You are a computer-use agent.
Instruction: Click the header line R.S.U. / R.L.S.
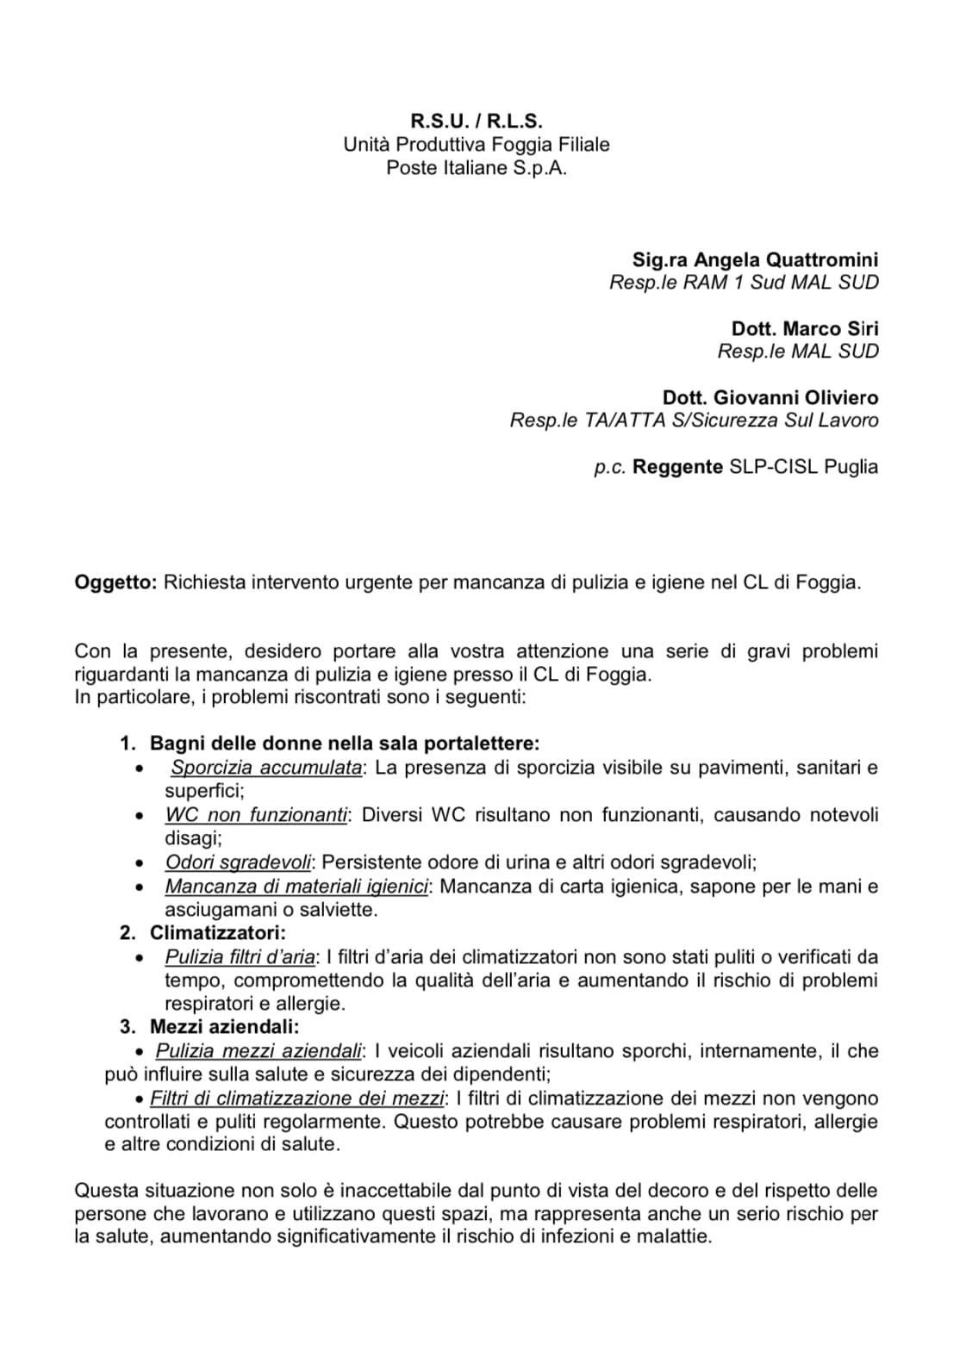476,121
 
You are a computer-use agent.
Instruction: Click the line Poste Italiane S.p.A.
476,168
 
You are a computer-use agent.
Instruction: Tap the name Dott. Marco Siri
805,328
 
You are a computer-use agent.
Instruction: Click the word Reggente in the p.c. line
678,467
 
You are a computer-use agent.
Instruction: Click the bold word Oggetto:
115,582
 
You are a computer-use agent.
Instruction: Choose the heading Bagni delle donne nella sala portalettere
345,743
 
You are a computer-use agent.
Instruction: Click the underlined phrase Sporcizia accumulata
266,767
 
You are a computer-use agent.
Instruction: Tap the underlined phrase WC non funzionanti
256,814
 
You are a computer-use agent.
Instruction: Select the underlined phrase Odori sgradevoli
238,862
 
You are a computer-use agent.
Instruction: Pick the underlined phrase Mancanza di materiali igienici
296,886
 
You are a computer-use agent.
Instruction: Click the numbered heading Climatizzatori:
217,932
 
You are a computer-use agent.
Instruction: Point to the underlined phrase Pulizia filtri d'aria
240,956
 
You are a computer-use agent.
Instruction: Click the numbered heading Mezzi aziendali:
224,1027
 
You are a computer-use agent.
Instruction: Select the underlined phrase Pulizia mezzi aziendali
258,1051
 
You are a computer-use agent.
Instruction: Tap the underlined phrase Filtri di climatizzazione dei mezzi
297,1098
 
